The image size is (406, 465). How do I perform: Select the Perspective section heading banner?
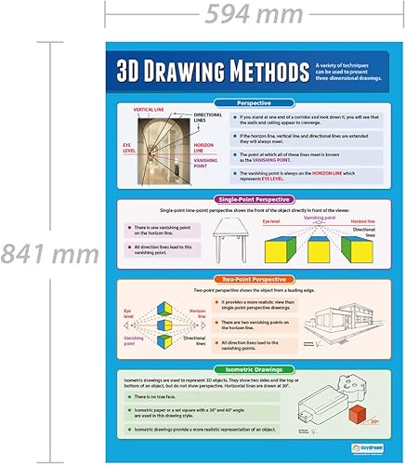point(255,102)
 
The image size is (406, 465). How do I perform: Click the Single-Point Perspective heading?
point(255,199)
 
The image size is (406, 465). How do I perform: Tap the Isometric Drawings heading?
point(255,369)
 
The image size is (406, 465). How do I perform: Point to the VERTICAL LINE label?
point(149,110)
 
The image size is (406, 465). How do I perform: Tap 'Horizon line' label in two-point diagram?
point(196,312)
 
